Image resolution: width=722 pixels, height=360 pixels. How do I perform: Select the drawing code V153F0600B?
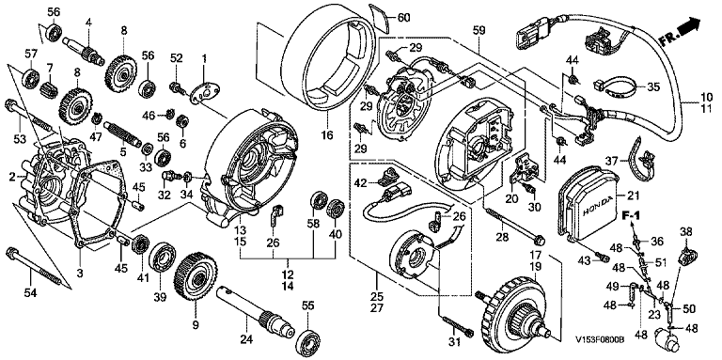coord(600,339)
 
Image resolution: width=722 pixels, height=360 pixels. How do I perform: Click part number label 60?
coord(403,18)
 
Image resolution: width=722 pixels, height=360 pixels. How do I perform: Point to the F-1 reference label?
coord(632,215)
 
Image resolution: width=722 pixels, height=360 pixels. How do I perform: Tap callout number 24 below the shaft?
coord(247,339)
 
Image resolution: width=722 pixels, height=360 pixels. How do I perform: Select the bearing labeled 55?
coord(306,341)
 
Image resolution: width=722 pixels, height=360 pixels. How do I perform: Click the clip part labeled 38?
coord(686,255)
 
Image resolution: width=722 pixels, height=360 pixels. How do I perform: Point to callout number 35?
coord(653,86)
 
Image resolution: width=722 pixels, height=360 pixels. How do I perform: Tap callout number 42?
coord(360,183)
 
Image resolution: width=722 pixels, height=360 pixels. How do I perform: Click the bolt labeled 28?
coord(514,225)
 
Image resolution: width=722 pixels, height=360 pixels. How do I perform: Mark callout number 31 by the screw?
coord(454,341)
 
